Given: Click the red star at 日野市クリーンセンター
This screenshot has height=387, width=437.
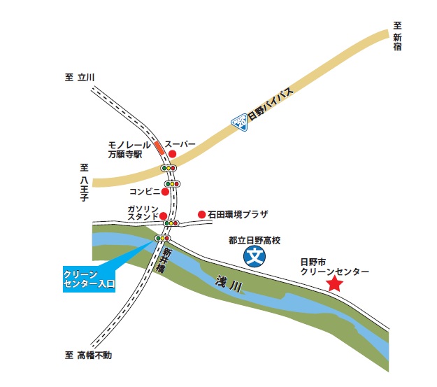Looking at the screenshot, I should coord(335,283).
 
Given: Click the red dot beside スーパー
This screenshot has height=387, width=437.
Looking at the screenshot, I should coord(172,154).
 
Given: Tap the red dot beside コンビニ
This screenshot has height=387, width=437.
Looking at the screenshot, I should coord(166,191).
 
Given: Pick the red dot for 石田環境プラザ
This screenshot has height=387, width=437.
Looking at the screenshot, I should coord(201,214).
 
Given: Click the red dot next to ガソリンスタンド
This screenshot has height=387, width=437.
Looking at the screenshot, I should coord(164,216).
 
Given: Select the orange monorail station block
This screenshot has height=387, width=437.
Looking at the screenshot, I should coord(159,148).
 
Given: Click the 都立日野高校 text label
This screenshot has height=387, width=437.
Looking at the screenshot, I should coord(254,240).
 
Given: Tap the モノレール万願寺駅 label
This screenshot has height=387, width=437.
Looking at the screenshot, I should coord(125,148).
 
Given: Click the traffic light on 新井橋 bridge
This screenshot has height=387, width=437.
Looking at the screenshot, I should coord(163,239).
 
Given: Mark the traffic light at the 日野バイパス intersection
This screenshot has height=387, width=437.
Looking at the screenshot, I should coord(169,168).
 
